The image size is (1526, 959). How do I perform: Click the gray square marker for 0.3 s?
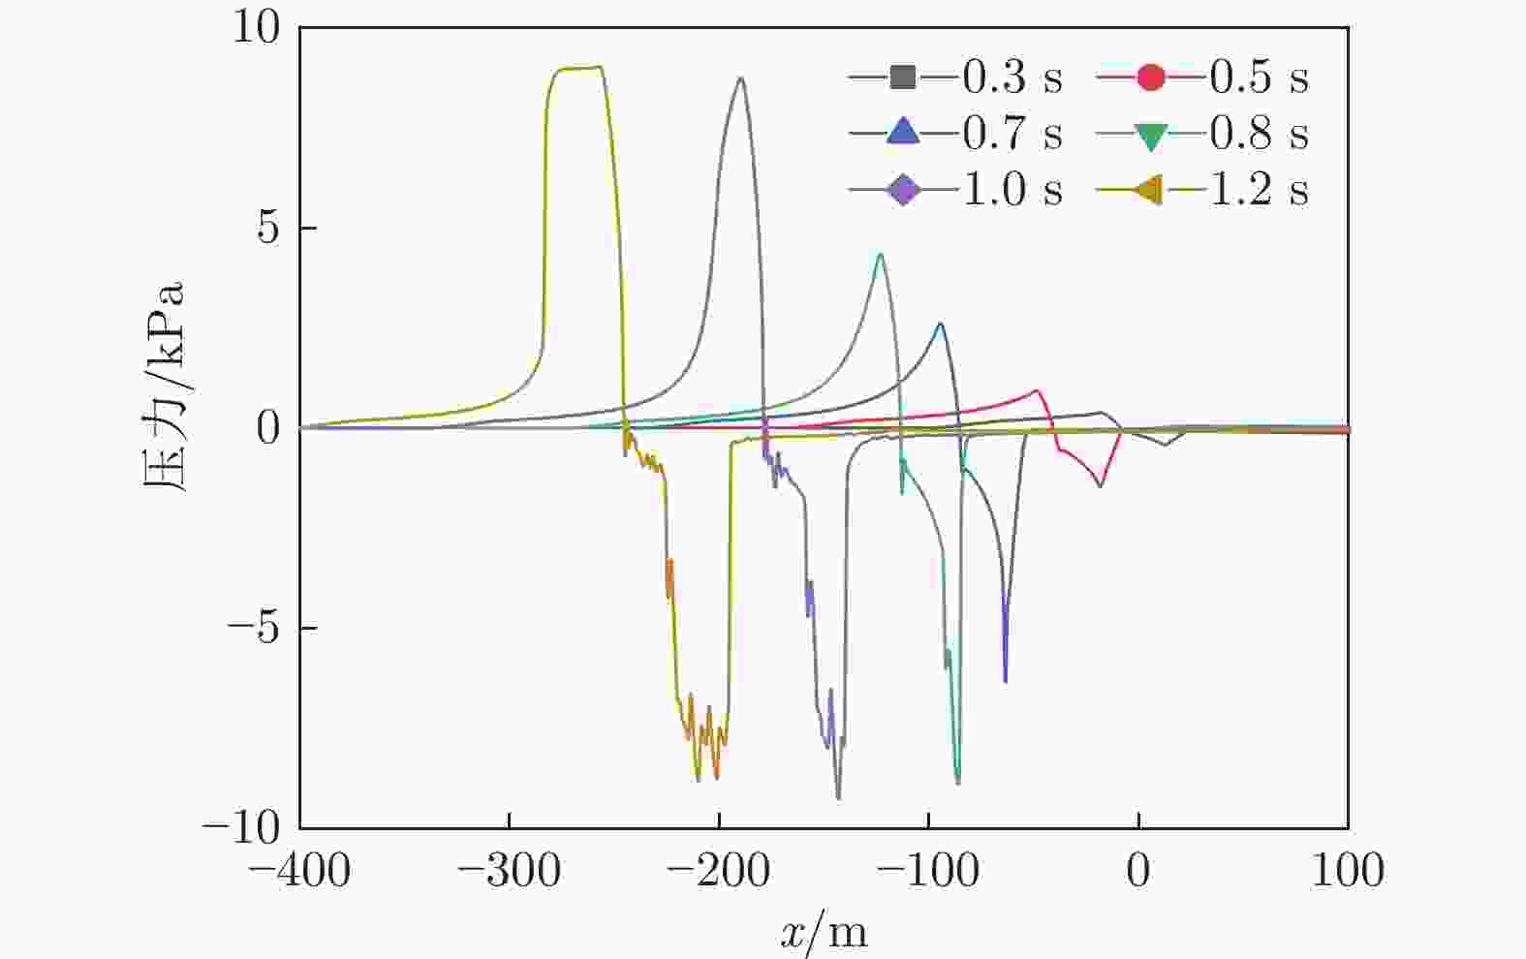(x=903, y=77)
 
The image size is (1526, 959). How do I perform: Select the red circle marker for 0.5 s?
(x=1150, y=77)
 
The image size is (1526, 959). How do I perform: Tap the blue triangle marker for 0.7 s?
(x=903, y=133)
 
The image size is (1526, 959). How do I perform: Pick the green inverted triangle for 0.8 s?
(x=1150, y=133)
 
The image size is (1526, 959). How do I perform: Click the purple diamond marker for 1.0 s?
(x=903, y=189)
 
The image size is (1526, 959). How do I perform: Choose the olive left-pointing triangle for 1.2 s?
(x=1150, y=189)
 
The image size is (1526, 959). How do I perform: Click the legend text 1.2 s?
(x=1259, y=189)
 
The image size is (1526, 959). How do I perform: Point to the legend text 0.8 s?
(x=1259, y=133)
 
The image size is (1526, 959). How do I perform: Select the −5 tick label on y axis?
(x=254, y=628)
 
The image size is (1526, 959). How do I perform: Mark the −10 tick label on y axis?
(x=241, y=827)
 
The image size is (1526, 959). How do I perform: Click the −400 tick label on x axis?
(x=299, y=871)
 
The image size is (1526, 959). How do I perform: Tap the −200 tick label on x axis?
(x=719, y=871)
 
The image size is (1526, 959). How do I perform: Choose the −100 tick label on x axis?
(x=928, y=871)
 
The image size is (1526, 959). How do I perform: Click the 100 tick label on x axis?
(x=1348, y=871)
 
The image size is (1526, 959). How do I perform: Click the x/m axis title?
(x=824, y=933)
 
